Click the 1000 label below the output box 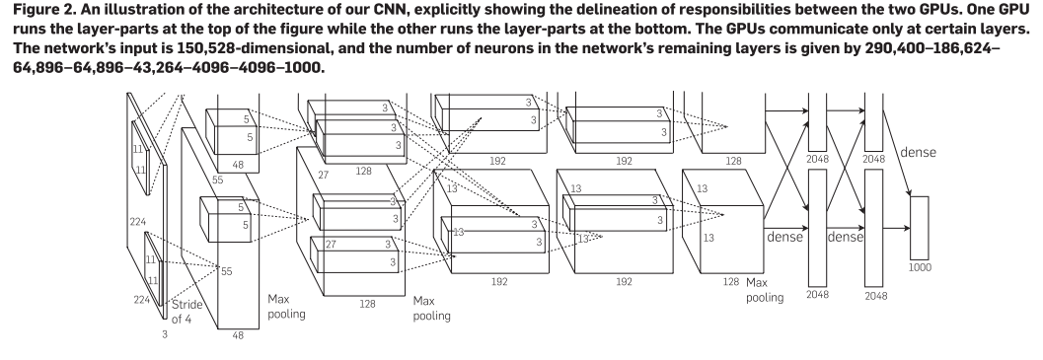[x=920, y=267]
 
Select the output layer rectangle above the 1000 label [x=920, y=228]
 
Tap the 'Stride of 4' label [x=186, y=312]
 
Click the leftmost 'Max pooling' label [x=286, y=307]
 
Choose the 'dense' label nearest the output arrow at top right [x=918, y=152]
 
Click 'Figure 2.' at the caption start [x=41, y=10]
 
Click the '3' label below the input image [x=165, y=334]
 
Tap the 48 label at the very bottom [x=238, y=335]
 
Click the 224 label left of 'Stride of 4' [x=142, y=300]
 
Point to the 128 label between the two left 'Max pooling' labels [x=367, y=304]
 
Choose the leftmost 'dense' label [x=784, y=237]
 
